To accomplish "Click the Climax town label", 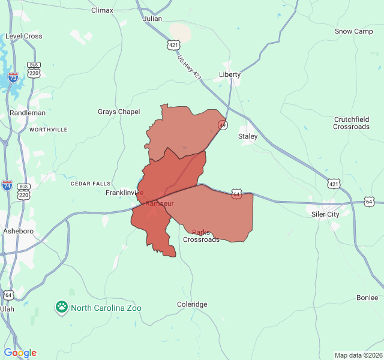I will pos(102,10).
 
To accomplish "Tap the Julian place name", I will pos(152,19).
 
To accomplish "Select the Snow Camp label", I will pos(353,31).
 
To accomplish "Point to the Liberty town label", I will pos(230,74).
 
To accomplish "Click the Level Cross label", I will pos(24,36).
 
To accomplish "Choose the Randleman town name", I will pos(28,113).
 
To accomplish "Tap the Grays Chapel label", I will pos(119,112).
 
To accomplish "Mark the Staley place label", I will pos(248,136).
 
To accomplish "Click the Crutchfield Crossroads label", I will pos(351,123).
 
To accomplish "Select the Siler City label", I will pos(325,214).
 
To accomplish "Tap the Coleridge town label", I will pos(192,304).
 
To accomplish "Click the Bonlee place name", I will pos(367,298).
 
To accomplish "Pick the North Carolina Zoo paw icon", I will pos(62,308).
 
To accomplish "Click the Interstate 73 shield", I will pos(13,77).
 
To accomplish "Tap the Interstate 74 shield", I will pos(7,185).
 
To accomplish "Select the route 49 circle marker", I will pos(223,125).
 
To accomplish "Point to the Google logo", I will pos(20,353).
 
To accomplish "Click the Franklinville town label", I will pos(124,193).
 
